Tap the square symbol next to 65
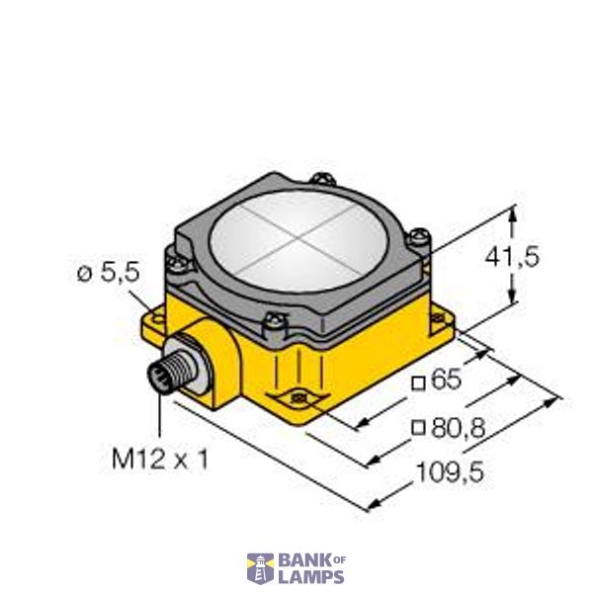[x=419, y=381]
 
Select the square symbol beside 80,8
[x=419, y=429]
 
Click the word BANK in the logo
[x=300, y=560]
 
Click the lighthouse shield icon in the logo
[x=259, y=568]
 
